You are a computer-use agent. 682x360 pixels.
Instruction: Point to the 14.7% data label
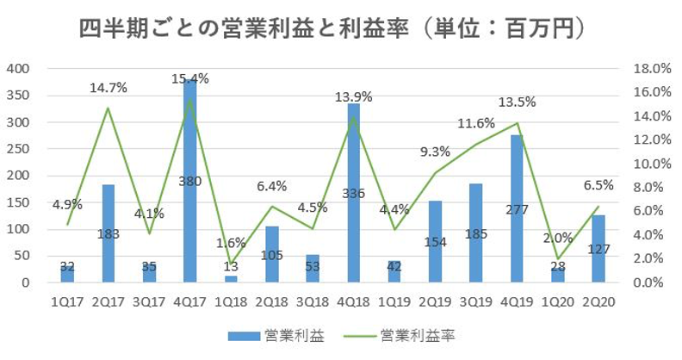[108, 87]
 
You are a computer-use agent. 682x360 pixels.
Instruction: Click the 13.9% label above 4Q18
[354, 96]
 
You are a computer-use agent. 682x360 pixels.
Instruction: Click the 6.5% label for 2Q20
[598, 184]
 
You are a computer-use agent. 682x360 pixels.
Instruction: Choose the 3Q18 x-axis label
[313, 301]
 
